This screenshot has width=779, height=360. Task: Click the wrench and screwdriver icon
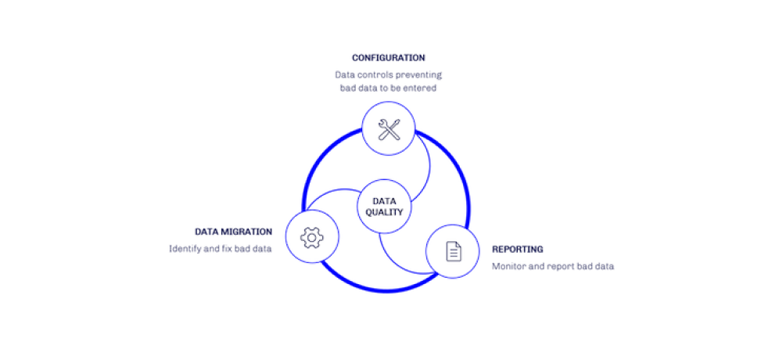(x=389, y=129)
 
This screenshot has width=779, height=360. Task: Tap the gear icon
(x=311, y=236)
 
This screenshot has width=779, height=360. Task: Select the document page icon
(x=453, y=251)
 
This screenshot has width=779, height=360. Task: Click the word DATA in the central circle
(x=384, y=200)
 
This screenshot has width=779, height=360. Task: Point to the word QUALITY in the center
(x=384, y=213)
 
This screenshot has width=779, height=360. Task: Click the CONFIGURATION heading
(x=389, y=59)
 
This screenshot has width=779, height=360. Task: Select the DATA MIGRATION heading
(x=233, y=232)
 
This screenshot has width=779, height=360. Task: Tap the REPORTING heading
(x=518, y=249)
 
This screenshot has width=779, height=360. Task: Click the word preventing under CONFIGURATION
(x=416, y=74)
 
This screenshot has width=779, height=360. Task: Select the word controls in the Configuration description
(x=375, y=74)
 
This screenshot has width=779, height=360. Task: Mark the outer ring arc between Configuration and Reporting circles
(x=465, y=184)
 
